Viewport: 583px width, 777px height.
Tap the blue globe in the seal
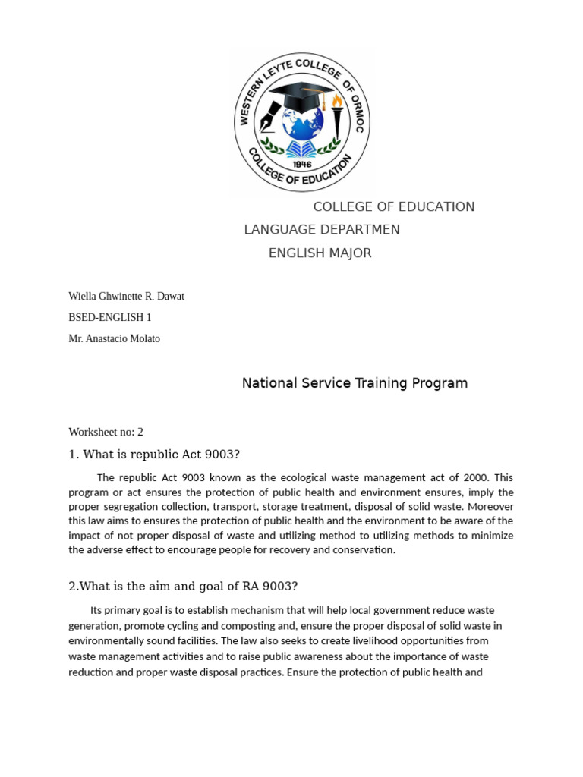(302, 124)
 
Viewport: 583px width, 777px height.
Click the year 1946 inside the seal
(303, 162)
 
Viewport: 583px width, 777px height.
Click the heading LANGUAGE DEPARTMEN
(321, 230)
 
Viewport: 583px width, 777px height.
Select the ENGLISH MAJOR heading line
(320, 253)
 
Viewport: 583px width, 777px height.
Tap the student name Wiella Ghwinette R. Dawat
(126, 296)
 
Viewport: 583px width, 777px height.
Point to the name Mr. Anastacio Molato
(114, 339)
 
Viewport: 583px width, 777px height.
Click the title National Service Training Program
(355, 383)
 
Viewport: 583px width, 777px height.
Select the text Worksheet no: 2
(106, 432)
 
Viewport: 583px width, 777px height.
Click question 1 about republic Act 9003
(153, 455)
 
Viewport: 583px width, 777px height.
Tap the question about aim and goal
(183, 587)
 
